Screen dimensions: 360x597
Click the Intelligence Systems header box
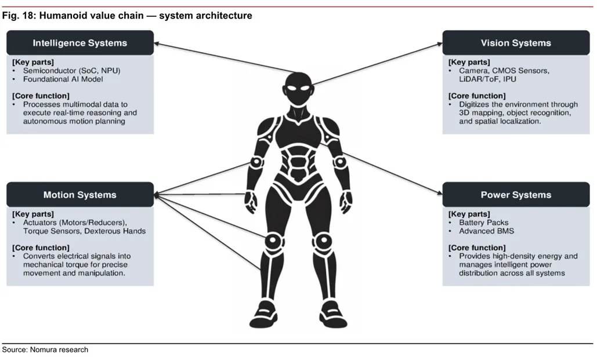click(x=80, y=43)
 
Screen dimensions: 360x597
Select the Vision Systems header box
click(x=516, y=43)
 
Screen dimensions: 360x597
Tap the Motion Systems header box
click(x=80, y=195)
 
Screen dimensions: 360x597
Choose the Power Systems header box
click(x=516, y=195)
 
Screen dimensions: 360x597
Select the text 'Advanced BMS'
click(x=486, y=231)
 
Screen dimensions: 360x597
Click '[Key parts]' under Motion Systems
click(x=33, y=214)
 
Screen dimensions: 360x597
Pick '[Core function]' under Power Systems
click(x=477, y=248)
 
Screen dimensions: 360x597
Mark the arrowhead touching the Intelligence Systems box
click(x=158, y=44)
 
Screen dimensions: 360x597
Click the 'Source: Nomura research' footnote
click(x=45, y=350)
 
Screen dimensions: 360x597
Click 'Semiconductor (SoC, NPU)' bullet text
click(x=72, y=71)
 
